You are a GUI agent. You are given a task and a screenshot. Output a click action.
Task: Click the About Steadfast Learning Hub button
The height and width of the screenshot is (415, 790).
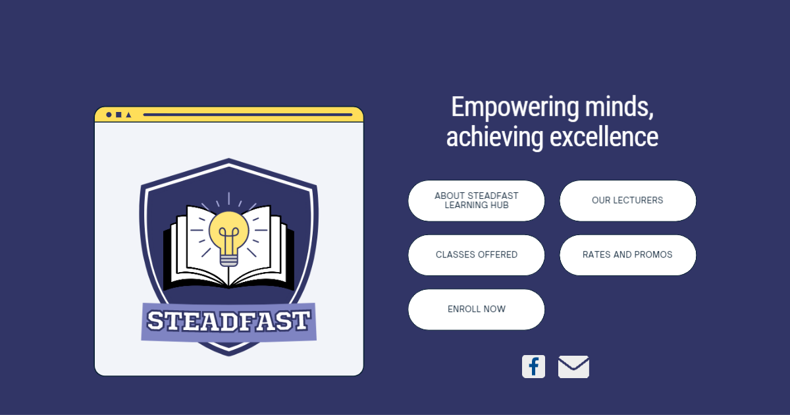476,200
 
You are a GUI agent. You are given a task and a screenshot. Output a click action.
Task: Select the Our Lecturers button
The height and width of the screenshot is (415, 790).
627,200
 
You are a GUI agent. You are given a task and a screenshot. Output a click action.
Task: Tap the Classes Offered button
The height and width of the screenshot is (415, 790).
476,255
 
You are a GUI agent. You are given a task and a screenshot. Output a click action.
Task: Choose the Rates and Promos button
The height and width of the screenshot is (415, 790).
627,255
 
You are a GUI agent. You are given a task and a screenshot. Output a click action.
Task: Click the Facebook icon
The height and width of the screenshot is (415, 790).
533,366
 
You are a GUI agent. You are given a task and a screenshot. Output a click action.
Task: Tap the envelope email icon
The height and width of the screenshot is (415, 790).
573,367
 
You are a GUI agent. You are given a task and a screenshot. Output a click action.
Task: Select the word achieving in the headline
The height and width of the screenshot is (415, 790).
494,138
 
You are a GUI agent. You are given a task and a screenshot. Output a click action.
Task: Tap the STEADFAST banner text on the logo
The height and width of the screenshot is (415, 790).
228,321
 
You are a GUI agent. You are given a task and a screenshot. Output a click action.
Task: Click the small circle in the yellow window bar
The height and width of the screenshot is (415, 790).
109,115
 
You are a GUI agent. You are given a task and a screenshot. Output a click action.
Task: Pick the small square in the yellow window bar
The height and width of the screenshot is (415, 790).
118,115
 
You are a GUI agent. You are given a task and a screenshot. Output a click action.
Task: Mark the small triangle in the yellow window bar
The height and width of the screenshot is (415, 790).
128,115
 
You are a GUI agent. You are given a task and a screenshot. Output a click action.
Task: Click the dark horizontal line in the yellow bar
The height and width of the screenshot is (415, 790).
248,115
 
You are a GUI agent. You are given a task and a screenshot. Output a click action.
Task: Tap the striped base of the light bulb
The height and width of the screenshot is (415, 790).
228,259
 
